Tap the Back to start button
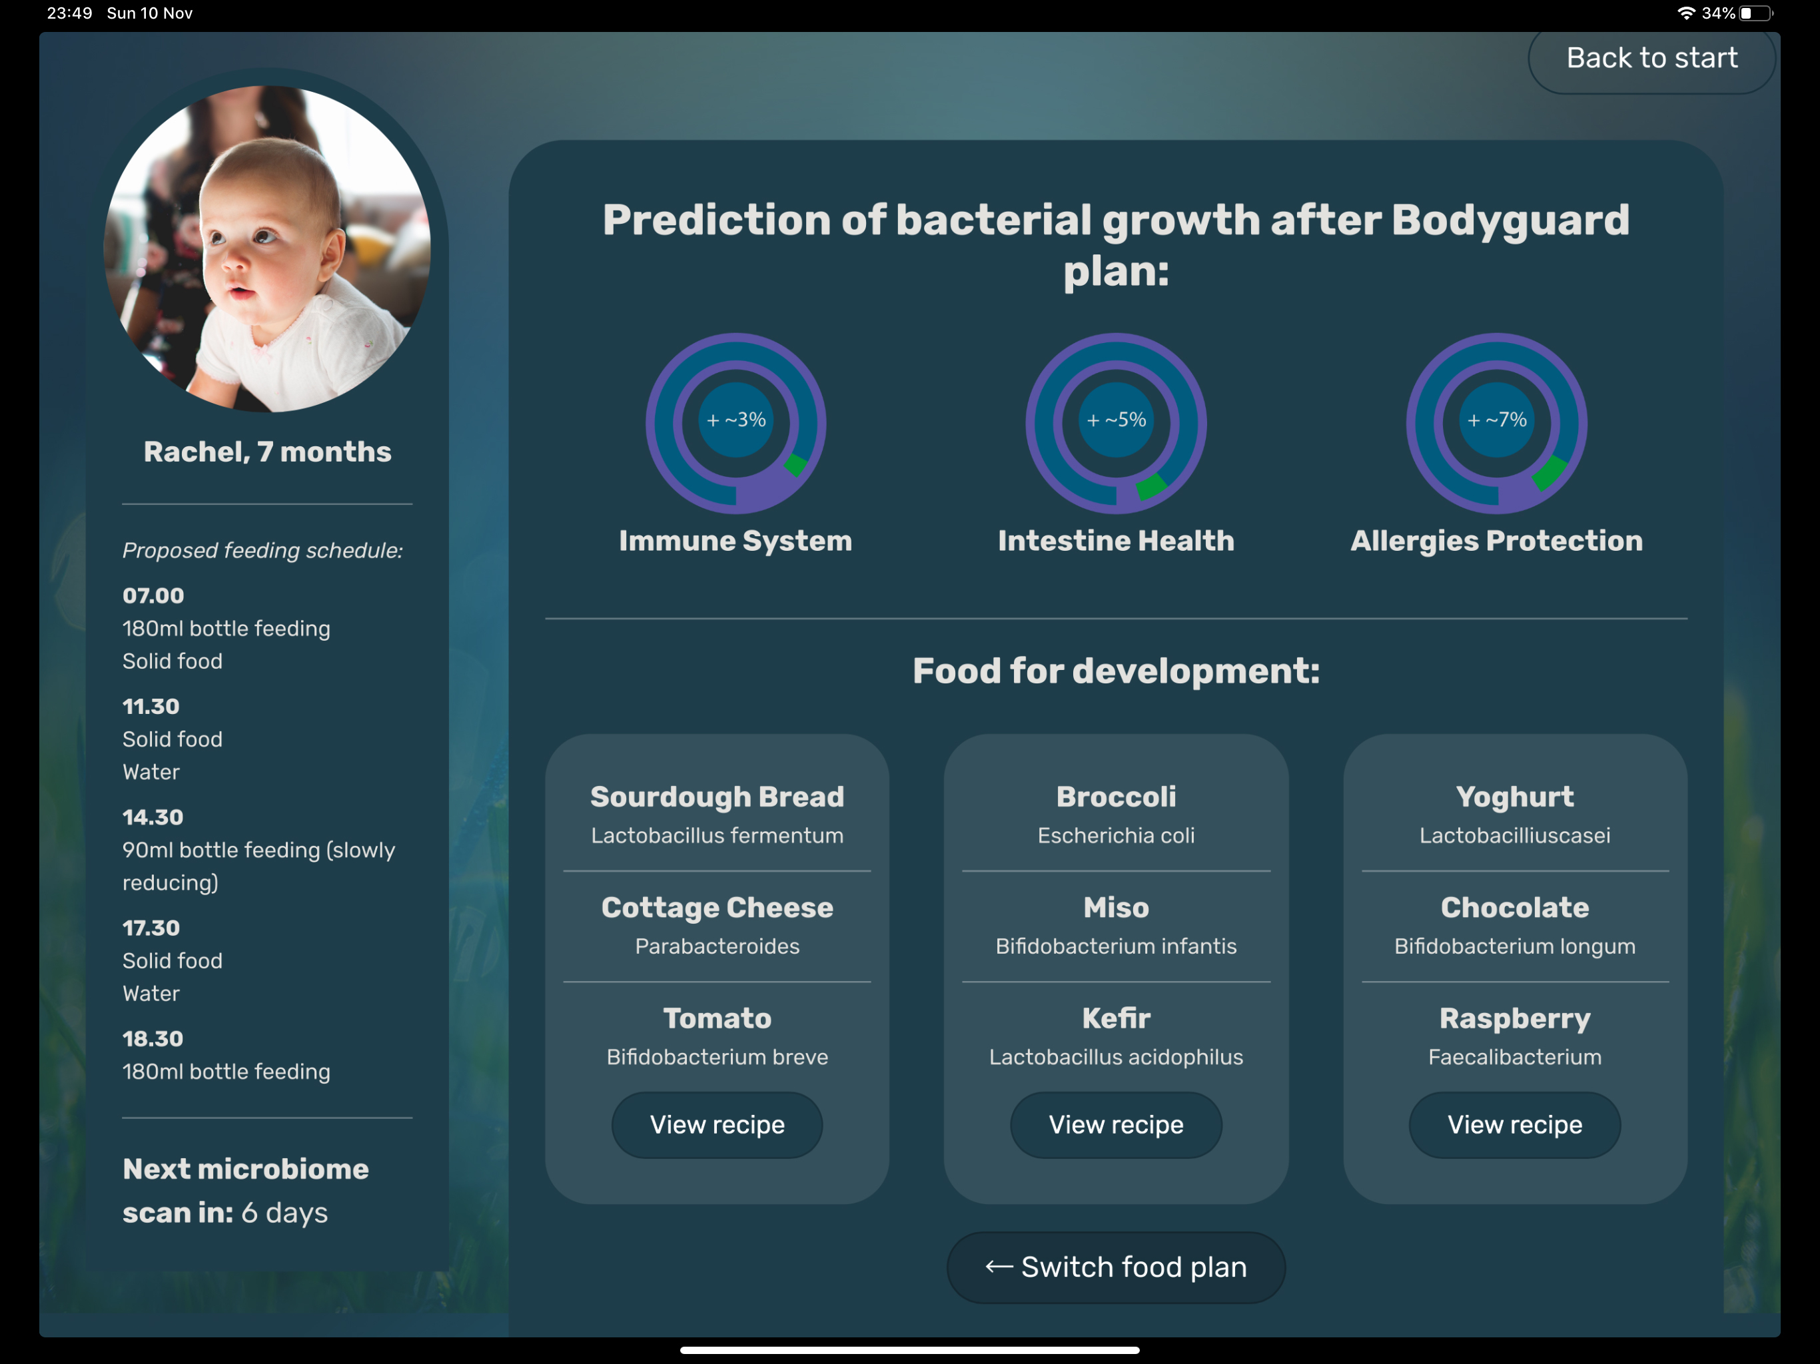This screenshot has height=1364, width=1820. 1651,59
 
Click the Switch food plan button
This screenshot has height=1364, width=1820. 1116,1267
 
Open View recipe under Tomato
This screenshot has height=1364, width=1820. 717,1125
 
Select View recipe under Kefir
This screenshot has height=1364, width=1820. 1116,1125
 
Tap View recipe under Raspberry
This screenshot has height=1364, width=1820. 1515,1125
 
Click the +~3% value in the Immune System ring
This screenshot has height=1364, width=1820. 736,420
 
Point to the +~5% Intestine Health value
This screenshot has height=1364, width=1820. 1117,420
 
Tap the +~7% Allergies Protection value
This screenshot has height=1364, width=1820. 1498,420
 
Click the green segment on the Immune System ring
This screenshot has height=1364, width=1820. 795,465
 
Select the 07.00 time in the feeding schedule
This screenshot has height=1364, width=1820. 153,595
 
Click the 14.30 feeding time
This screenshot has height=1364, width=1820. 153,817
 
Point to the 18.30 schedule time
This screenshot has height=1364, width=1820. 153,1038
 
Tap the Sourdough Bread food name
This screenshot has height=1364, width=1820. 717,797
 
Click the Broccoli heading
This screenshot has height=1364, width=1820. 1116,797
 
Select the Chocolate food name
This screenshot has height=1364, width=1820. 1515,906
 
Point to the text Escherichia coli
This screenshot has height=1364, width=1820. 1116,835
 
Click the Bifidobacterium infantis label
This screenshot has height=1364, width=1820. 1116,946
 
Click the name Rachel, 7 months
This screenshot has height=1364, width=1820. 267,452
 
